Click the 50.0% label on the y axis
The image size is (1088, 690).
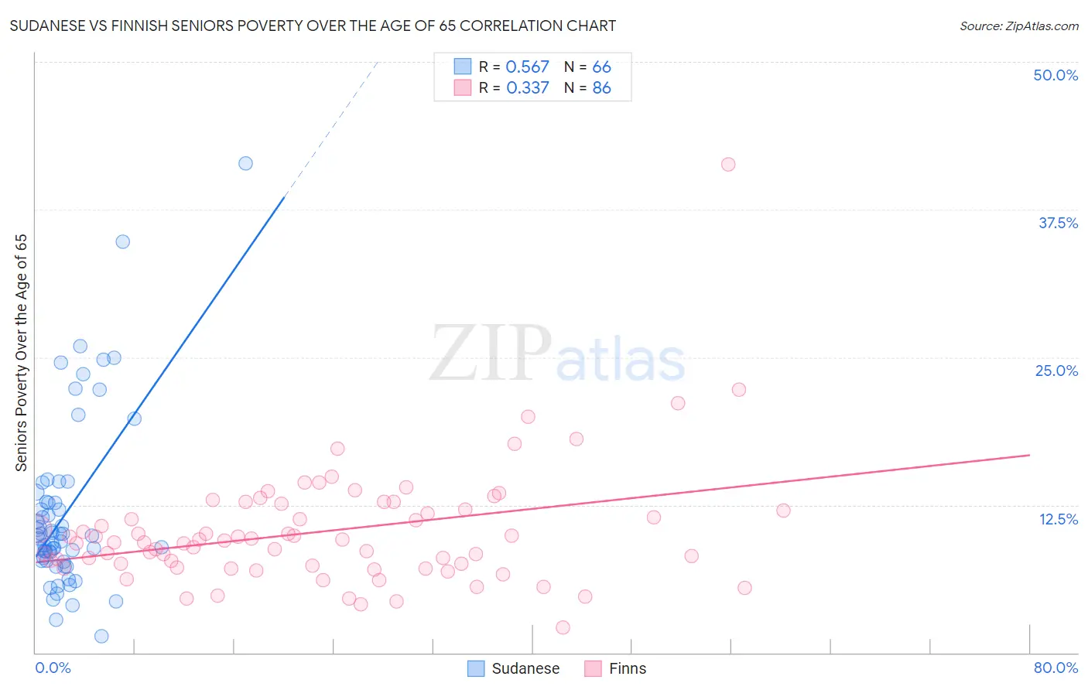click(1055, 75)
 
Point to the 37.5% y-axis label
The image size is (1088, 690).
click(1058, 223)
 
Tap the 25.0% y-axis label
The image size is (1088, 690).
click(1056, 371)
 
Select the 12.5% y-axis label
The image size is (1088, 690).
click(1058, 519)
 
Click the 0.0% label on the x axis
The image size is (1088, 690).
click(53, 668)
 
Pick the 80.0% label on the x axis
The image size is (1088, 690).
click(1055, 668)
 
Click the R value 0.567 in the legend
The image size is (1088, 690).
click(527, 67)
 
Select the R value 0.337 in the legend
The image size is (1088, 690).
click(527, 88)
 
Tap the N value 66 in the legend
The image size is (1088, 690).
click(601, 67)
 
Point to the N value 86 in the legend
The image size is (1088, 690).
click(601, 88)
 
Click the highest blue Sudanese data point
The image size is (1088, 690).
click(245, 163)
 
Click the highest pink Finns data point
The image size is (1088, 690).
click(728, 164)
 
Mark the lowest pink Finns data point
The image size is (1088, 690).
click(563, 627)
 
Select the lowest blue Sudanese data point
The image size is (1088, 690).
click(101, 636)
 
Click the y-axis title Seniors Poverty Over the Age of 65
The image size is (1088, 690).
click(21, 353)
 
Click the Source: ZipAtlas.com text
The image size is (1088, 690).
click(1018, 26)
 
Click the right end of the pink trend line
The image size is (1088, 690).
click(1029, 455)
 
